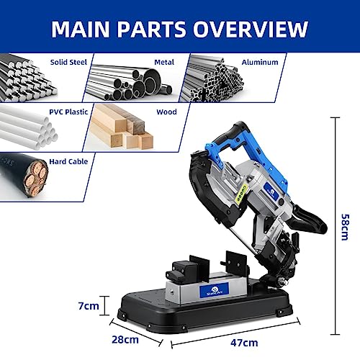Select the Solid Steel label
click(x=68, y=62)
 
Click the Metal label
click(x=163, y=62)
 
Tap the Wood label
click(x=166, y=112)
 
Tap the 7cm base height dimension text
click(x=88, y=305)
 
